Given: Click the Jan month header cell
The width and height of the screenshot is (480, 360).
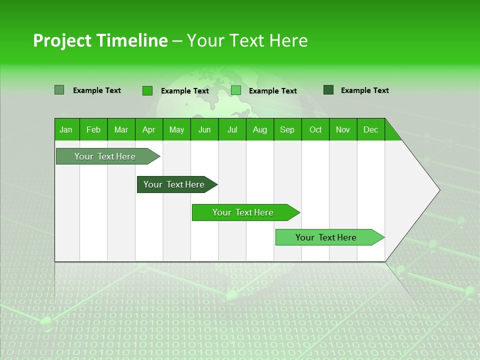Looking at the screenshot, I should (66, 129).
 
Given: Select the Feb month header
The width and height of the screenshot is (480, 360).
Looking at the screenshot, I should (93, 129).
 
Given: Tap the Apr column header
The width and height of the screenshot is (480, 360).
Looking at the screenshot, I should (149, 129).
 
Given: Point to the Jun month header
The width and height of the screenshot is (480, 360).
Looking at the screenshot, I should (204, 129).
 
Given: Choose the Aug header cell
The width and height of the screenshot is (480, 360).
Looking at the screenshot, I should (260, 129).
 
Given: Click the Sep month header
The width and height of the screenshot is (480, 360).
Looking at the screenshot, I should (287, 129).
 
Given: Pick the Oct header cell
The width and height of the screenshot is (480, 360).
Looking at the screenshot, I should (315, 129).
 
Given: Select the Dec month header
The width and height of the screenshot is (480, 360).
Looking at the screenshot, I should (371, 129).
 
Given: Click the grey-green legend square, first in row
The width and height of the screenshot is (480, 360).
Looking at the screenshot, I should (59, 90).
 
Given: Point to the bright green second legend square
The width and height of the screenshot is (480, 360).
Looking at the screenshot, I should (147, 90).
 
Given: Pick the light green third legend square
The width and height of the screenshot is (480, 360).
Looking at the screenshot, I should (236, 90).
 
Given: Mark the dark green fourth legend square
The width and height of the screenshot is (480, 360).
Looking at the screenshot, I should (328, 90).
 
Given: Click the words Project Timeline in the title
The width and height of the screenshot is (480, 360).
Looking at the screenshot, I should (100, 40).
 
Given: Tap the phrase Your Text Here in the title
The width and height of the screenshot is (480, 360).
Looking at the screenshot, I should (247, 40).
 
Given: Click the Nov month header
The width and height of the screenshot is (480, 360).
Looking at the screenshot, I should (343, 129).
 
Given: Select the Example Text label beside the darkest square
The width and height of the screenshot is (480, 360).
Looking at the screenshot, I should (364, 90).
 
